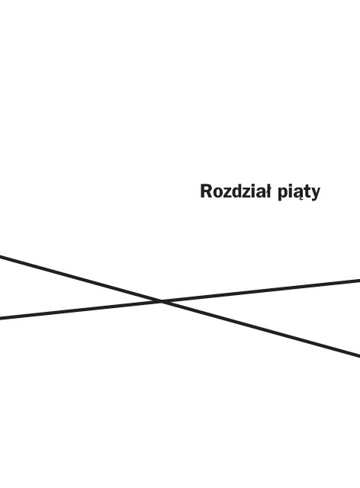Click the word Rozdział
pyautogui.click(x=236, y=191)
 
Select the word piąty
pyautogui.click(x=299, y=193)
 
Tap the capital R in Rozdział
pyautogui.click(x=207, y=191)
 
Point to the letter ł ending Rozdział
pyautogui.click(x=268, y=191)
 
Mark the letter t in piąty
pyautogui.click(x=307, y=192)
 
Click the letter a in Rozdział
pyautogui.click(x=260, y=193)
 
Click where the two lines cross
pyautogui.click(x=162, y=301)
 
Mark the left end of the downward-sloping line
pyautogui.click(x=0, y=256)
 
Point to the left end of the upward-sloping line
pyautogui.click(x=0, y=318)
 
